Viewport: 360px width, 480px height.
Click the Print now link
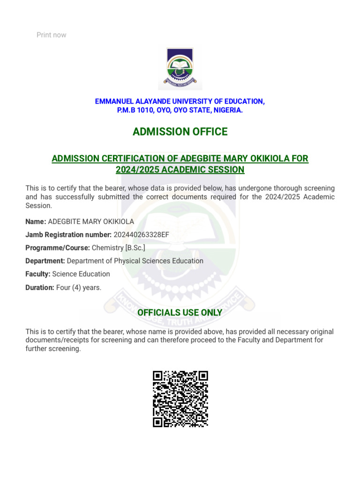(52, 35)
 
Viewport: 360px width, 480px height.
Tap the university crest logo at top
(180, 68)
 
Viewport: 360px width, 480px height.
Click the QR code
(180, 399)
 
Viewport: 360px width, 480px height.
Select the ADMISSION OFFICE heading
(180, 132)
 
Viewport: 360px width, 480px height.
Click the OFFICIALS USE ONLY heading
(180, 313)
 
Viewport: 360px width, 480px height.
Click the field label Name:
(36, 221)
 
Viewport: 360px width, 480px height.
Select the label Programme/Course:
(58, 247)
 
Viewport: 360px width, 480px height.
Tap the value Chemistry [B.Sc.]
(115, 247)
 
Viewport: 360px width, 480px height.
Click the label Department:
(45, 261)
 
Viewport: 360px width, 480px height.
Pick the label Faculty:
(38, 274)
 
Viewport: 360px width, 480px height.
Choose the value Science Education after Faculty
(81, 274)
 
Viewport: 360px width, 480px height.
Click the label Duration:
(40, 287)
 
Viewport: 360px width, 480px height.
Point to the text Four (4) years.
(79, 287)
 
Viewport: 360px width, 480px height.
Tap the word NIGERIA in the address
(226, 110)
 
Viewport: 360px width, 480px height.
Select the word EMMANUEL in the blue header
(114, 101)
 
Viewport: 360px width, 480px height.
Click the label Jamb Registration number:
(68, 234)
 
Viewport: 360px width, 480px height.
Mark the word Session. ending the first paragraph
(38, 205)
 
